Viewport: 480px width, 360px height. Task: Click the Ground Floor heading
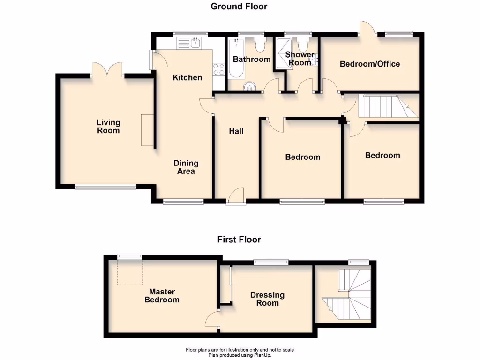point(239,6)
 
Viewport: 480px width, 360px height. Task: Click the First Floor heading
point(239,239)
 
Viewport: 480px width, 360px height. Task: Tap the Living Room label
point(108,127)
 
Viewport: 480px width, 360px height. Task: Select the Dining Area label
point(186,167)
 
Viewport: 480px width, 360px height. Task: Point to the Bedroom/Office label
point(370,64)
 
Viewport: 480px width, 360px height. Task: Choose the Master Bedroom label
point(162,296)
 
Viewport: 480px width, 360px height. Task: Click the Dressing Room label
point(267,299)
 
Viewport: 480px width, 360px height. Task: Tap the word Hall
point(236,131)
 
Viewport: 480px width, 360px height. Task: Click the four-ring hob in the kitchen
point(218,69)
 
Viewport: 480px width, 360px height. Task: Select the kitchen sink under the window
point(189,44)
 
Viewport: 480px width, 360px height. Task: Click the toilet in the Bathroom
point(260,45)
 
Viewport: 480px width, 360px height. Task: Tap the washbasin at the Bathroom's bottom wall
point(251,86)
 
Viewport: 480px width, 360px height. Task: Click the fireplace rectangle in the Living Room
point(147,130)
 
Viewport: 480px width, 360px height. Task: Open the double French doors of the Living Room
point(107,70)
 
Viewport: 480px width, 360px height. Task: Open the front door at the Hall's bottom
point(236,196)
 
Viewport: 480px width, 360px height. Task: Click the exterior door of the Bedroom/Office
point(366,29)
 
